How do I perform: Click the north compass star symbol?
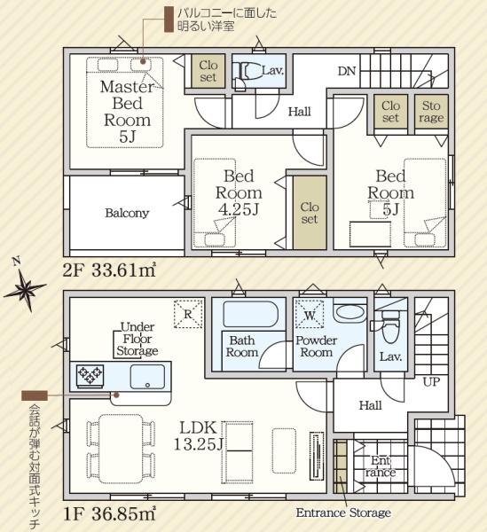coord(25,289)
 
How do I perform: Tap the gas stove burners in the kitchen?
coord(90,376)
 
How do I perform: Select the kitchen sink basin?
coord(147,377)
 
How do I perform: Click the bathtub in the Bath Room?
coord(250,314)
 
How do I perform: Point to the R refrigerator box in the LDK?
coord(188,314)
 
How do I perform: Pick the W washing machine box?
coord(310,315)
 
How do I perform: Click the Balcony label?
coord(127,213)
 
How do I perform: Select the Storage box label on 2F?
coord(431,112)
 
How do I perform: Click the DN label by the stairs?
coord(347,71)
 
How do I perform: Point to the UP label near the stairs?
coord(431,382)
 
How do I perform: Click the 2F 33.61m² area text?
coord(109,270)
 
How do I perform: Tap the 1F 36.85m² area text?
coord(109,514)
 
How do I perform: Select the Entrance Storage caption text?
coord(343,512)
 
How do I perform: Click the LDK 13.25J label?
coord(198,436)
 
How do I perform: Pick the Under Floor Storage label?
coord(137,339)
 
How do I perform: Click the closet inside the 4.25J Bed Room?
coord(310,213)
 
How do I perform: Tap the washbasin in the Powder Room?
coord(350,311)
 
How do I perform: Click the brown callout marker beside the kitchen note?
coord(35,395)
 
